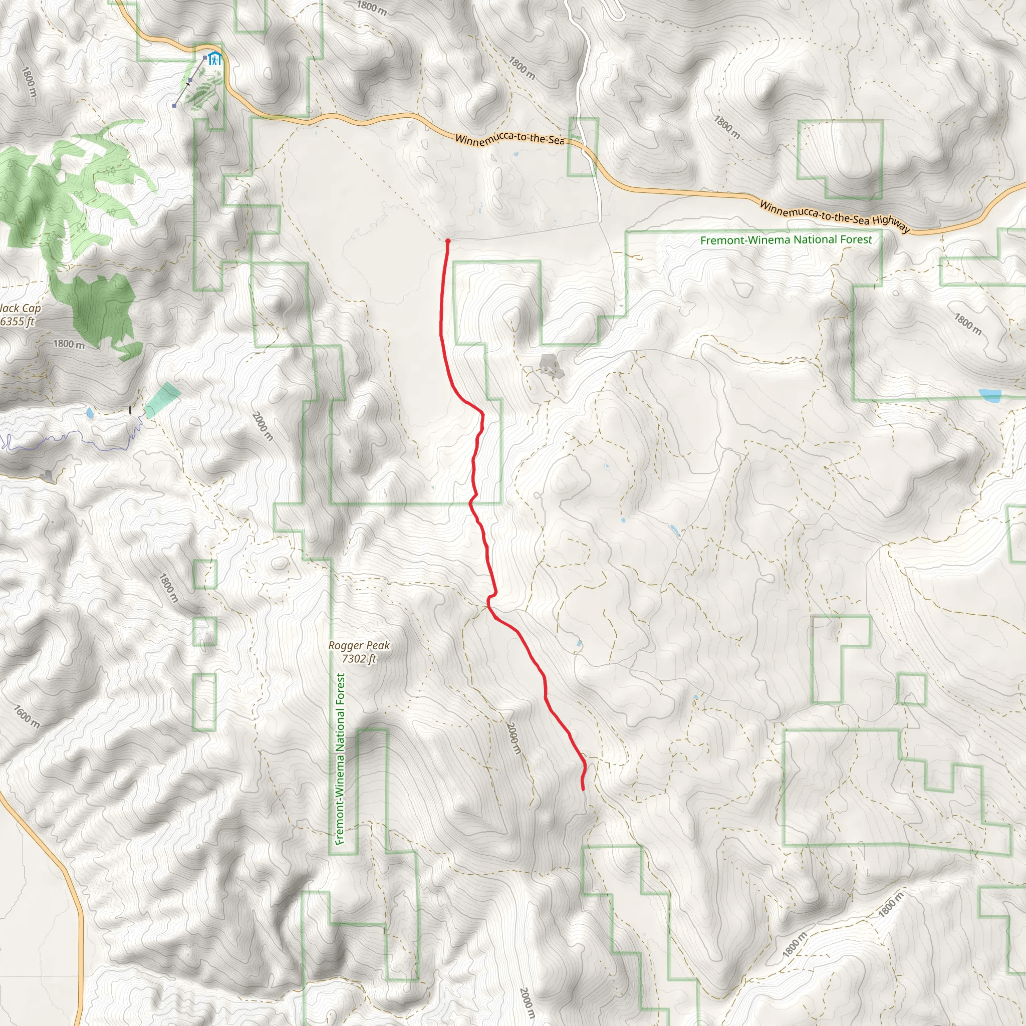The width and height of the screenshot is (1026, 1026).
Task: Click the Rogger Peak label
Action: (359, 645)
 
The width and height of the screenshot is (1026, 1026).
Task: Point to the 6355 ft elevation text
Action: (17, 321)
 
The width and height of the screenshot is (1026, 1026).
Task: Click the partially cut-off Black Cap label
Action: (20, 308)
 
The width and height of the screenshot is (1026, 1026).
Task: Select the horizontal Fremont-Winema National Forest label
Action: (786, 240)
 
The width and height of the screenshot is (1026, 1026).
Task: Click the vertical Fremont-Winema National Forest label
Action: (340, 759)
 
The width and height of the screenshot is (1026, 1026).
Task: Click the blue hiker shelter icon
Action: (214, 59)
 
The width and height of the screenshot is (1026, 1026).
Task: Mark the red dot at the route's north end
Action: (448, 241)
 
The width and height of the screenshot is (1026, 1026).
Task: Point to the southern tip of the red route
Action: (583, 790)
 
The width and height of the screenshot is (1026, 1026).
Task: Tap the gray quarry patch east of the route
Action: (549, 365)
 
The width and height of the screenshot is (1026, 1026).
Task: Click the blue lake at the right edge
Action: (990, 395)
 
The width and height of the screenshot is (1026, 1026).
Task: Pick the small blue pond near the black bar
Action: (90, 413)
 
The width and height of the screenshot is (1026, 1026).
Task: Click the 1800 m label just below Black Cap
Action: (69, 344)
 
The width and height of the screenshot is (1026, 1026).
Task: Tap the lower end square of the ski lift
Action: (174, 106)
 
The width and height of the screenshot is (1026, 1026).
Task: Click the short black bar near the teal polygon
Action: (131, 410)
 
